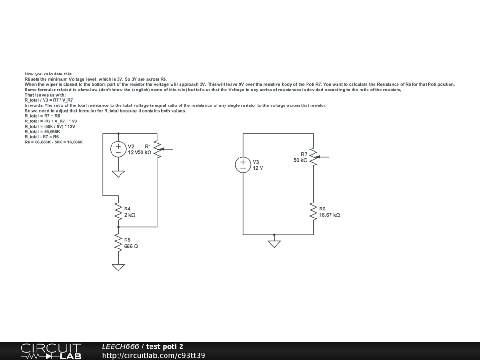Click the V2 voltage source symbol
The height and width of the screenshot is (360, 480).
[x=118, y=149]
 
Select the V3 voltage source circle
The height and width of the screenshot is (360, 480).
[x=243, y=165]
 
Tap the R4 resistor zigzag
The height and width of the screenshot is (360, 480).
[x=118, y=211]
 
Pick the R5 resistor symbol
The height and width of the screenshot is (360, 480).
[x=118, y=242]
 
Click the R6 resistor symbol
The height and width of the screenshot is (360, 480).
[x=313, y=211]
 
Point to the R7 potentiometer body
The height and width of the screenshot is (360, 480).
[x=313, y=157]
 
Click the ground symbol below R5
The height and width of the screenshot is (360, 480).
[x=118, y=267]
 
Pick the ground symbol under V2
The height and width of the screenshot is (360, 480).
[x=118, y=173]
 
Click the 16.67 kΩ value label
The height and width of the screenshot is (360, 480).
[x=330, y=215]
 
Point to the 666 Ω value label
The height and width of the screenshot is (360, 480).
[x=131, y=246]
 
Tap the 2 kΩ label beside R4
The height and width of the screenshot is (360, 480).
[x=130, y=215]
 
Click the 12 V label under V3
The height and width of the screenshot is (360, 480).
[x=258, y=168]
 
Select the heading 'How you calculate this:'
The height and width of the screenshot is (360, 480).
[x=48, y=74]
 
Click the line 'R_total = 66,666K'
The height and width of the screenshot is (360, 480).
[x=42, y=131]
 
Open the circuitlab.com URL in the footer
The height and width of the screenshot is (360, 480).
[x=153, y=356]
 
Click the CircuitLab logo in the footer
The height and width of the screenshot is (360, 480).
[x=51, y=351]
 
